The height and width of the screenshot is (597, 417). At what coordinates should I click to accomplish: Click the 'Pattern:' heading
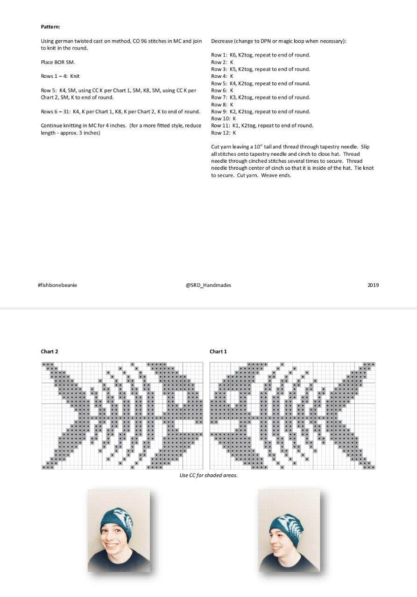coord(50,27)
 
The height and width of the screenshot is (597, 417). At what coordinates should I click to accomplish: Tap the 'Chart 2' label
coord(49,352)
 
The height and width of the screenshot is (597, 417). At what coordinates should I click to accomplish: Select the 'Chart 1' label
coord(218,352)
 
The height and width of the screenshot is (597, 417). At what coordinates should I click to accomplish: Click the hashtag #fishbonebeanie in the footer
coord(57,285)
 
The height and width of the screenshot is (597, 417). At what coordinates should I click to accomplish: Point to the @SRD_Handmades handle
coord(208,285)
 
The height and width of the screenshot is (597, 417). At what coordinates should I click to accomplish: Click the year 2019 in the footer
coord(373,285)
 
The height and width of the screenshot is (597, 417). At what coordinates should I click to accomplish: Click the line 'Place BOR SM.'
coord(58,62)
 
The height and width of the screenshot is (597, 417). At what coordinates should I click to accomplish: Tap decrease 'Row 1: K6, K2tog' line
coord(261,55)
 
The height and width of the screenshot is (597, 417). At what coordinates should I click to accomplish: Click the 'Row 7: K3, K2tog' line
coord(261,97)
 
